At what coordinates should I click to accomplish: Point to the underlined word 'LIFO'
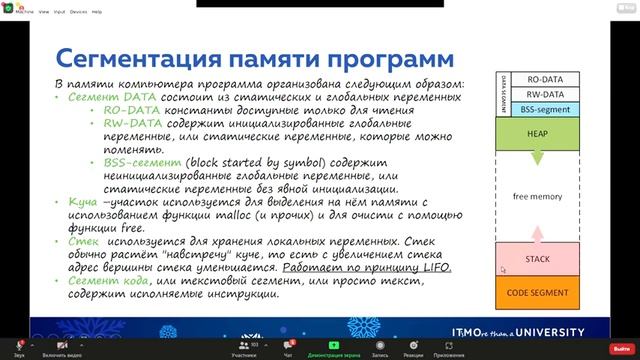pos(438,267)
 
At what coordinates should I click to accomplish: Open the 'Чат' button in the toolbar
pos(288,349)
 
